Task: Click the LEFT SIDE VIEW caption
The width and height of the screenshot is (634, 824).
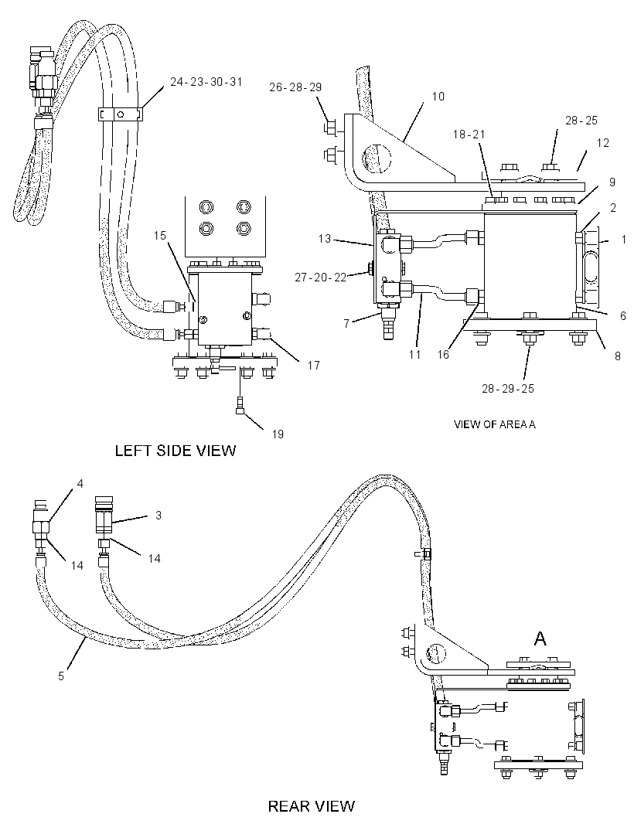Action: point(176,451)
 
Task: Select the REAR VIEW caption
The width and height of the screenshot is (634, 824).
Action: point(312,806)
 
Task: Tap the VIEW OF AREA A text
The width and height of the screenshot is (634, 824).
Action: point(495,424)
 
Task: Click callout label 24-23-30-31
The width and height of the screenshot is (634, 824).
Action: point(206,81)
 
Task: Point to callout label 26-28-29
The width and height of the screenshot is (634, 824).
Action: point(295,87)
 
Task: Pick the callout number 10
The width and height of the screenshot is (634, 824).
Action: point(438,97)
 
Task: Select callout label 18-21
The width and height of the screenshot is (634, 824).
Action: point(469,134)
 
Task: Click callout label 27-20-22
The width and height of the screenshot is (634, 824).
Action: point(321,277)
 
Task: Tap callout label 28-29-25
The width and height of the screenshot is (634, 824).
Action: point(508,388)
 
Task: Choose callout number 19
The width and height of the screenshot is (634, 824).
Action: point(278,434)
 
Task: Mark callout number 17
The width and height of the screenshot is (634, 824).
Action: point(314,365)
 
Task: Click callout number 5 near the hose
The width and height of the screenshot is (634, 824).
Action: point(61,676)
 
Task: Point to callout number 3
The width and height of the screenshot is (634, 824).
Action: point(158,516)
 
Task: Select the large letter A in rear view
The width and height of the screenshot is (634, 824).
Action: point(540,638)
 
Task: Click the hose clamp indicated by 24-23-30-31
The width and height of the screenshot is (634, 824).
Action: point(121,114)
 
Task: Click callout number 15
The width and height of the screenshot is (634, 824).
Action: point(160,236)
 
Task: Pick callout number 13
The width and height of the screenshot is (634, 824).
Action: point(325,239)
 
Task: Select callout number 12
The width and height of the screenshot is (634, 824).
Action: point(602,143)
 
